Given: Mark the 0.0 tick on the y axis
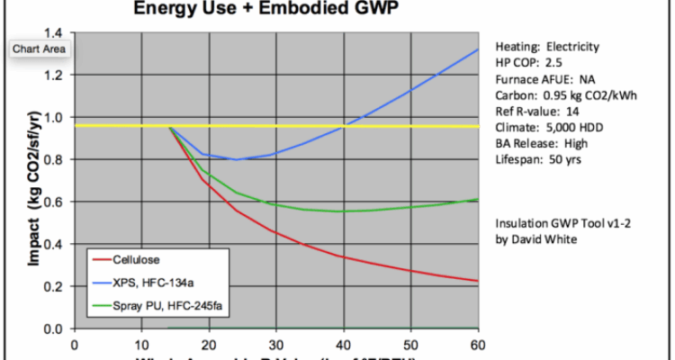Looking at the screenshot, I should click(x=55, y=329).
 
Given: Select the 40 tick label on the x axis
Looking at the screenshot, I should click(x=343, y=344).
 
